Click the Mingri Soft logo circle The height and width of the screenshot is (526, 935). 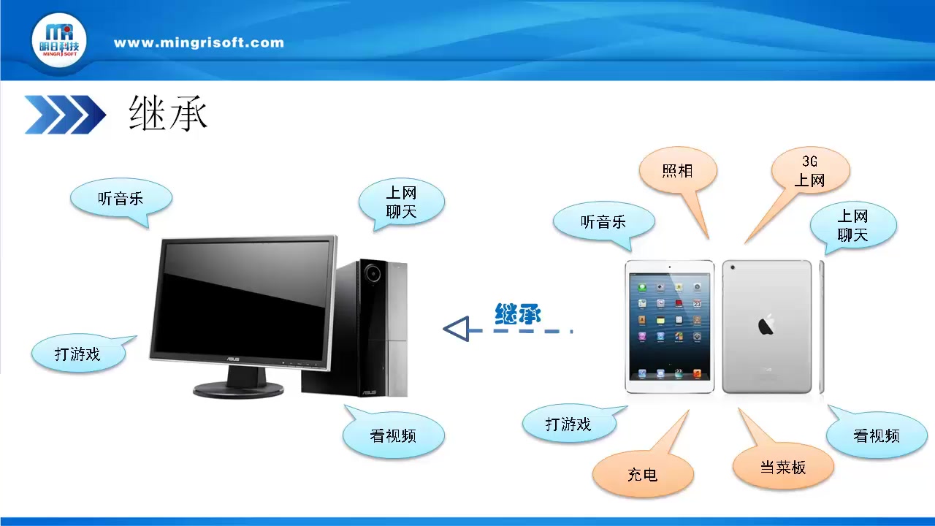59,41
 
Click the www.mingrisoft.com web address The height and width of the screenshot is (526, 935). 199,42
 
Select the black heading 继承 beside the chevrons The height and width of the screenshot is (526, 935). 169,114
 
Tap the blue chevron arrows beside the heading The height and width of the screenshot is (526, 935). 65,115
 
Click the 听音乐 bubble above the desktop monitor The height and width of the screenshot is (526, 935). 121,198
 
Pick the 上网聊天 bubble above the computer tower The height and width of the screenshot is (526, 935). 401,202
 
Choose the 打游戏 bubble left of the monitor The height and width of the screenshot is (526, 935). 77,354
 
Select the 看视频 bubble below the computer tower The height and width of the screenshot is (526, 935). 393,436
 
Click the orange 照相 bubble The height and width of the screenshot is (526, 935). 677,171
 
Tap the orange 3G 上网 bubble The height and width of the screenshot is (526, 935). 810,171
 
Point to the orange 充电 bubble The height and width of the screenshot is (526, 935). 642,474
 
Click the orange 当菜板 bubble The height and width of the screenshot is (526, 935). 783,467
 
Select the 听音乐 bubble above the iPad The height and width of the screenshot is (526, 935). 603,221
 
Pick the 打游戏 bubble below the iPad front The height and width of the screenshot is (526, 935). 568,424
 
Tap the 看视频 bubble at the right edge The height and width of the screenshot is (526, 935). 876,435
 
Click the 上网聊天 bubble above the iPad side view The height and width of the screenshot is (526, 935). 852,225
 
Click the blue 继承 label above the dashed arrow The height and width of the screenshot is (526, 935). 518,314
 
